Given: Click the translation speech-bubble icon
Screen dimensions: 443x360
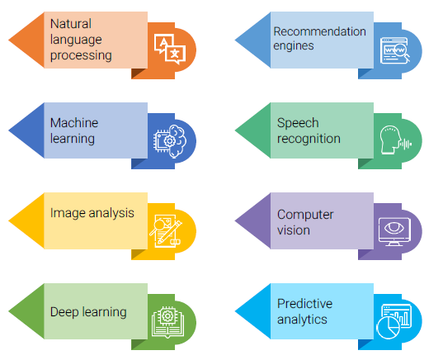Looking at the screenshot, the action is [170, 49].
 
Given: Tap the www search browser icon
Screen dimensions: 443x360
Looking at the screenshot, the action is [395, 50].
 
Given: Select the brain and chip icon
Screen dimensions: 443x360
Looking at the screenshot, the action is [170, 141].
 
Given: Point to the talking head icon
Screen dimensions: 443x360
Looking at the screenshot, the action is [395, 140].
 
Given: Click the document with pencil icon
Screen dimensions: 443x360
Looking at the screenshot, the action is [166, 231].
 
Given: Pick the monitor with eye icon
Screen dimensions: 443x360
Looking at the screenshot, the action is [394, 232].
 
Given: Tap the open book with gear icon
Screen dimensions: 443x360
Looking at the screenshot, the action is [167, 322].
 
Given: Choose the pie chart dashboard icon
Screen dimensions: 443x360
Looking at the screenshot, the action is [394, 321].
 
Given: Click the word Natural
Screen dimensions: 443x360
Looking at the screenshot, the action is [71, 24].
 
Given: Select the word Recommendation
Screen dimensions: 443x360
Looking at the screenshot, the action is [319, 31].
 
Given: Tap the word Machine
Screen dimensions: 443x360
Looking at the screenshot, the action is [74, 123].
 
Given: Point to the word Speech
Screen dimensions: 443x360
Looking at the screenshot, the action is [298, 124].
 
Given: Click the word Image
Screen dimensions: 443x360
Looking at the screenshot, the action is [68, 214].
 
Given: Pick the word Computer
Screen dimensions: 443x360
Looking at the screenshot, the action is [305, 216].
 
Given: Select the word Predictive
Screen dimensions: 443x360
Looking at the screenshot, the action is [304, 304].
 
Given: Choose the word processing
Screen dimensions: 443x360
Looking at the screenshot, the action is [81, 55].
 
